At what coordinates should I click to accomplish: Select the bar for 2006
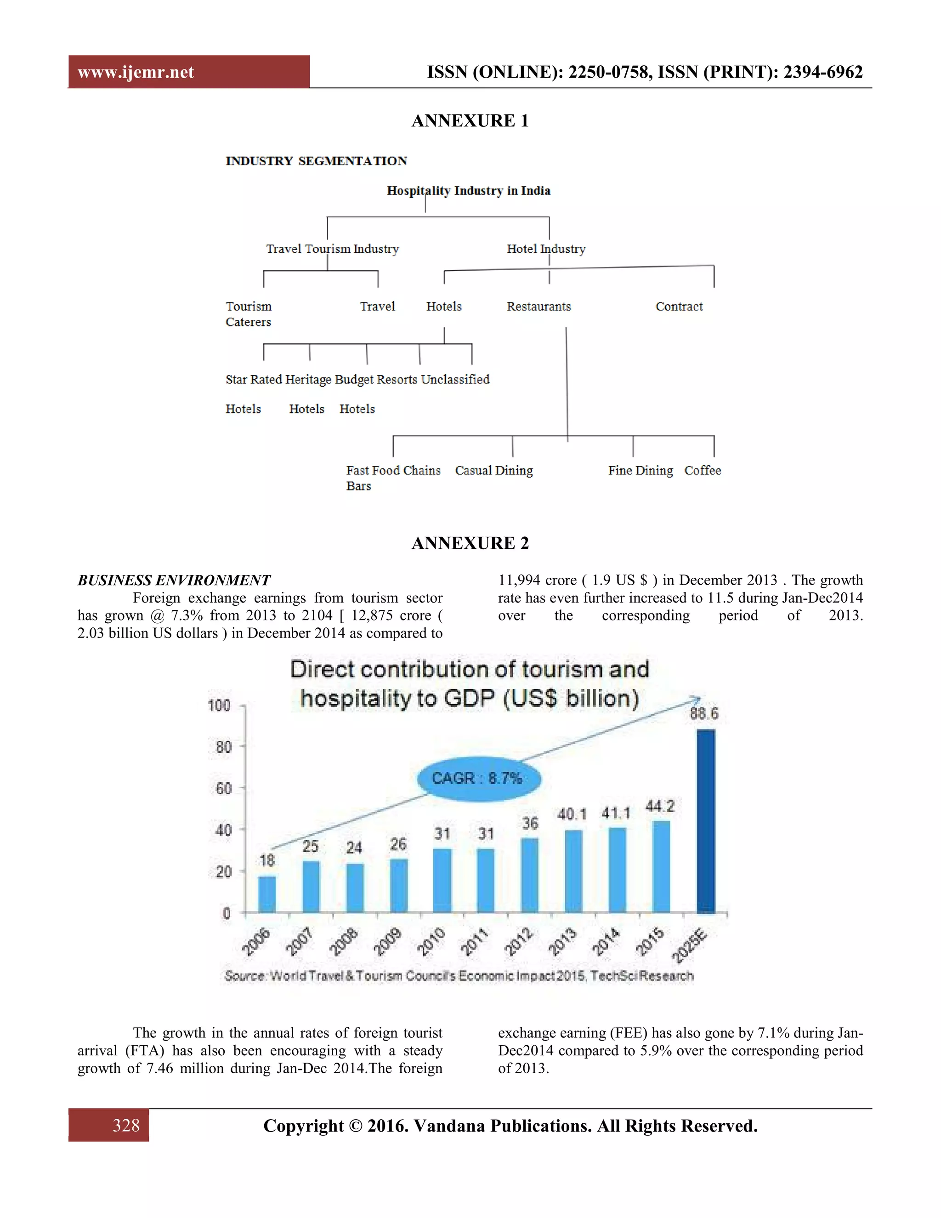[267, 894]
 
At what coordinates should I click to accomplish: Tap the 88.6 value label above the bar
[704, 713]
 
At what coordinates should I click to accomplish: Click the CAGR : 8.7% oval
[478, 778]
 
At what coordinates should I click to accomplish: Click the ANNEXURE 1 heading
[470, 120]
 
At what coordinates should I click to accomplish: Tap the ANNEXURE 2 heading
[470, 543]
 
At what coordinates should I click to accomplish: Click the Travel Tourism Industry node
[332, 249]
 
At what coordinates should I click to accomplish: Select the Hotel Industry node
[546, 249]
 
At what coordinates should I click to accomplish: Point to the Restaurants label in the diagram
[539, 306]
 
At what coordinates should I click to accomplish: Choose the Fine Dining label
[641, 470]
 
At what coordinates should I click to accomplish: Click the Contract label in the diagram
[679, 306]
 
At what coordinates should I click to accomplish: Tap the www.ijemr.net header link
[136, 72]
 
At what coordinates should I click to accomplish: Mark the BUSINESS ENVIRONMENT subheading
[174, 580]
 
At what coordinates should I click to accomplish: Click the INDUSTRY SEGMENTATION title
[316, 161]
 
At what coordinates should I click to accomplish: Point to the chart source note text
[459, 975]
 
